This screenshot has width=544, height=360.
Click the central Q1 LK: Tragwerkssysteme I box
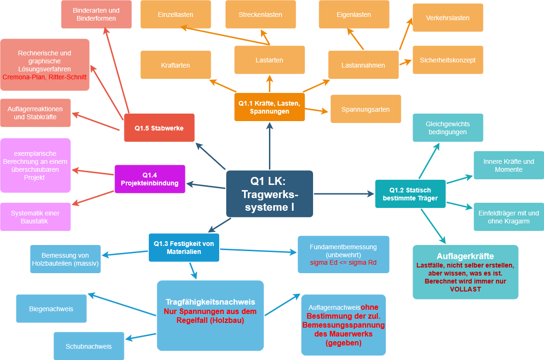tap(269, 194)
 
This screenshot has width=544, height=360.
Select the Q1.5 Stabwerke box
tap(159, 128)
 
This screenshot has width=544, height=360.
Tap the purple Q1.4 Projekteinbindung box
tap(150, 179)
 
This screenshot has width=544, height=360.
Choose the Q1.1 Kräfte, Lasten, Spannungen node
tap(269, 107)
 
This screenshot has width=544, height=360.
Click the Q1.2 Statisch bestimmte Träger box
tap(410, 194)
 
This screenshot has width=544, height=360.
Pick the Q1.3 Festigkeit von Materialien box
tap(184, 247)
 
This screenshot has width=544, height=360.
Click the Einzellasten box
tap(176, 15)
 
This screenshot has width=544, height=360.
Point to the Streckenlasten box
tap(260, 15)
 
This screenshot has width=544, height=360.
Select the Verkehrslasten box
tap(448, 18)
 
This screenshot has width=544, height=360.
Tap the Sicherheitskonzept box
tap(448, 60)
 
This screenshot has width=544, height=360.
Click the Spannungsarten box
tap(366, 109)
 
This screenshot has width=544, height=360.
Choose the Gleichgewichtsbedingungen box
tap(448, 128)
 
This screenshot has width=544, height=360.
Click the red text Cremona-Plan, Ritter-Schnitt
tap(45, 77)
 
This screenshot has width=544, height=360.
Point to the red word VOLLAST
tap(465, 289)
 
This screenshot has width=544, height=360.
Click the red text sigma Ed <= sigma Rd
tap(343, 262)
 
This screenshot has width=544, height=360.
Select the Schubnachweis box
tap(89, 346)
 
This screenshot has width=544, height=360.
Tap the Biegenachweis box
tap(51, 309)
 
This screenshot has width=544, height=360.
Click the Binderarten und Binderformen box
tap(96, 14)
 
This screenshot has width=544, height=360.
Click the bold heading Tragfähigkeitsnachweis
tap(210, 302)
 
